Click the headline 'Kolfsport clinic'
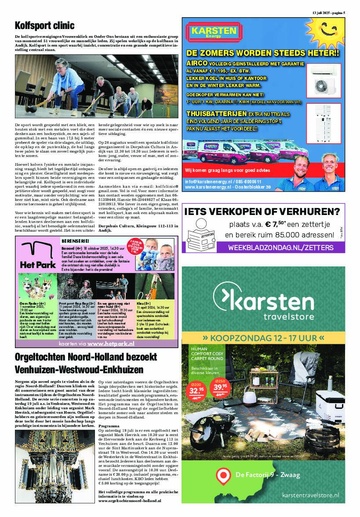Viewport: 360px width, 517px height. (x=44, y=25)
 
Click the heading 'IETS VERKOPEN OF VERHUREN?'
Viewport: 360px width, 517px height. (x=263, y=212)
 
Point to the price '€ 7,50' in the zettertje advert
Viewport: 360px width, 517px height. (x=273, y=225)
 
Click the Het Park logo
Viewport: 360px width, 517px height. (x=38, y=257)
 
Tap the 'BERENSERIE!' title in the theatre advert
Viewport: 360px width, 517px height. (x=75, y=241)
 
